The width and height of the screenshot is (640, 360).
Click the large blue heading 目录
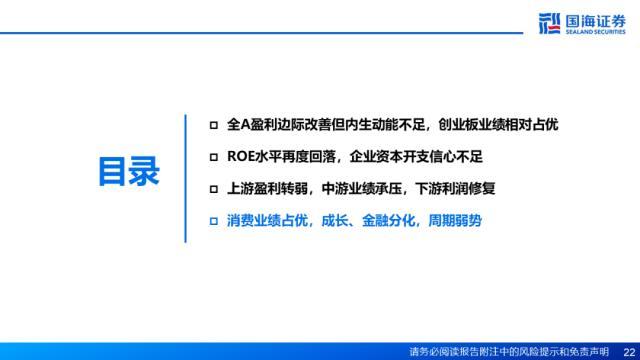129,171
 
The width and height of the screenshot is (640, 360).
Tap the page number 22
629,352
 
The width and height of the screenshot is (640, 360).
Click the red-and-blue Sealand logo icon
549,23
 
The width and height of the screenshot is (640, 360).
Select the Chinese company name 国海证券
595,21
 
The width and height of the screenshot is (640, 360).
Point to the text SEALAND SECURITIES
595,32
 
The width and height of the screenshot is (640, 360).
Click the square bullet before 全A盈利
213,125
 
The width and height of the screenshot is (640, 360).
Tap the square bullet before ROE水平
213,157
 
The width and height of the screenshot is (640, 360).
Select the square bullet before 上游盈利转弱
213,189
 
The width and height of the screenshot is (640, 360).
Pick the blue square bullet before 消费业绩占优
213,221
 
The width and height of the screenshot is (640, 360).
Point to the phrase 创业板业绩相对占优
498,125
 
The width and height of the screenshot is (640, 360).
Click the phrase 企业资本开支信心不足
416,157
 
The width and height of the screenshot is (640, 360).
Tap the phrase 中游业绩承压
362,189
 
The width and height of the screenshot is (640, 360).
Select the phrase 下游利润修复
455,189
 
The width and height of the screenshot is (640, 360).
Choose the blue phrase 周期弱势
455,221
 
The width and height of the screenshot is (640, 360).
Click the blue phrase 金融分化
389,221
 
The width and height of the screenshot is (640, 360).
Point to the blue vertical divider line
185,178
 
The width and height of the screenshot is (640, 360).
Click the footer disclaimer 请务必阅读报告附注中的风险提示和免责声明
509,352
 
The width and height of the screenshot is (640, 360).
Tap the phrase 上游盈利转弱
267,189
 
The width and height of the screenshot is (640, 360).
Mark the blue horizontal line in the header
261,33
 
